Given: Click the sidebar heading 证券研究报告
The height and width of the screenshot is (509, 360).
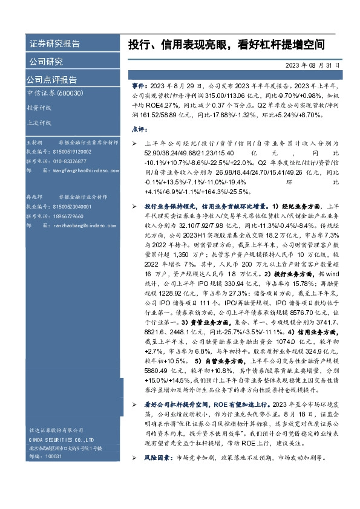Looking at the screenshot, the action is (54, 44).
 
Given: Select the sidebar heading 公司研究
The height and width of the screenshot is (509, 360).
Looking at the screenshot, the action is (46, 61).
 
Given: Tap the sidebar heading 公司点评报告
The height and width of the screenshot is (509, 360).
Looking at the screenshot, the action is (51, 79).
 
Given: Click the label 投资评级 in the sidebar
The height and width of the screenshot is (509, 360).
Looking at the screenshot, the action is (39, 108).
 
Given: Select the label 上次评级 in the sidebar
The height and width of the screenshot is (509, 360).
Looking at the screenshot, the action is (39, 122).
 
